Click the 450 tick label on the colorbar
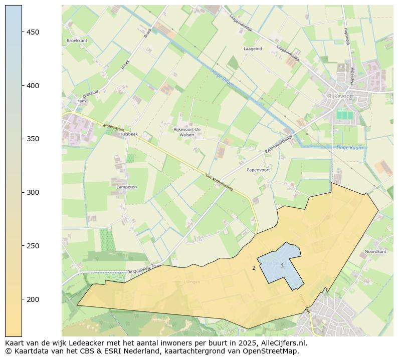[x=33, y=32]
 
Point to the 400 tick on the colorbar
[x=33, y=86]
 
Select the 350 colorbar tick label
[x=33, y=139]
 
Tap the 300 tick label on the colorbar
[x=33, y=192]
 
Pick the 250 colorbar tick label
[x=33, y=246]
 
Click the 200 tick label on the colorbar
[x=33, y=299]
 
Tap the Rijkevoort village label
[x=340, y=96]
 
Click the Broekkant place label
[x=77, y=41]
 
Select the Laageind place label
[x=253, y=49]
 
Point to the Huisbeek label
[x=129, y=134]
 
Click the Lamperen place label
[x=126, y=187]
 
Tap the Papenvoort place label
[x=258, y=170]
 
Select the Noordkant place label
[x=375, y=251]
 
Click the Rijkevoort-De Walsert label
[x=187, y=132]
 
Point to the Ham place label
[x=81, y=101]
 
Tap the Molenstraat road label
[x=113, y=128]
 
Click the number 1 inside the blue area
[x=282, y=265]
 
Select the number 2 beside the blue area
[x=254, y=268]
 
